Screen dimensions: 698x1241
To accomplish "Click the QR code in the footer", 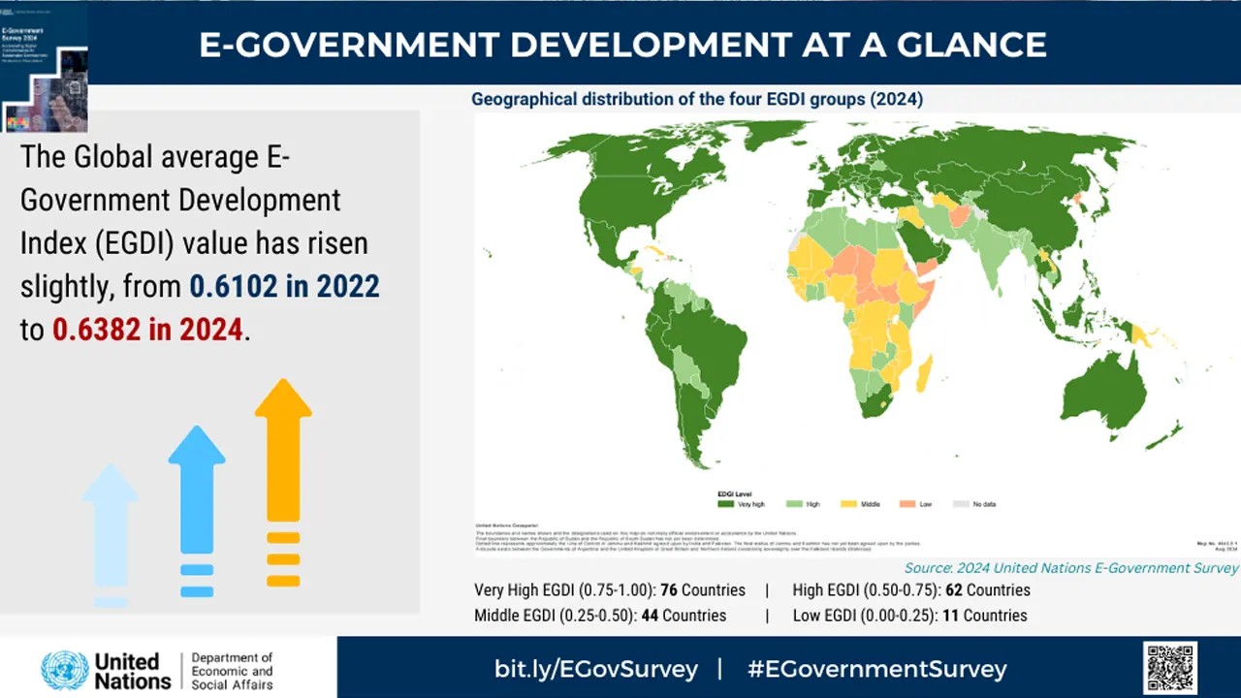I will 1170,667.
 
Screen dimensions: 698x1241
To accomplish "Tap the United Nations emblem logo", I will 64,670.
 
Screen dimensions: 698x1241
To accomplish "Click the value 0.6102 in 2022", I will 284,287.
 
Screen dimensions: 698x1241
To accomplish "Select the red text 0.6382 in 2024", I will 147,330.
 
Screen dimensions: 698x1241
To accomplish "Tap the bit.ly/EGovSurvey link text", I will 595,669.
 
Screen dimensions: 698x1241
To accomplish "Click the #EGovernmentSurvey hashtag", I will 877,669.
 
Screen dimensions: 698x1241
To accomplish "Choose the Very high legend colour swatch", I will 725,504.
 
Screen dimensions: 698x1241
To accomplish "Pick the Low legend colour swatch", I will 907,504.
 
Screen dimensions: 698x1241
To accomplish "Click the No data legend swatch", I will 960,504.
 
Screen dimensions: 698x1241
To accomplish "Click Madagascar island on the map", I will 924,374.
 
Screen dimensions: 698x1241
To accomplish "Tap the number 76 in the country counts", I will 668,590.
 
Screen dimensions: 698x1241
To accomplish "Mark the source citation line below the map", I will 1071,568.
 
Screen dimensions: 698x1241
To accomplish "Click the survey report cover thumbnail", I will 44,66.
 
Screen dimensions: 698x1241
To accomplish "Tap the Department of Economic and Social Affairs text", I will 232,671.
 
